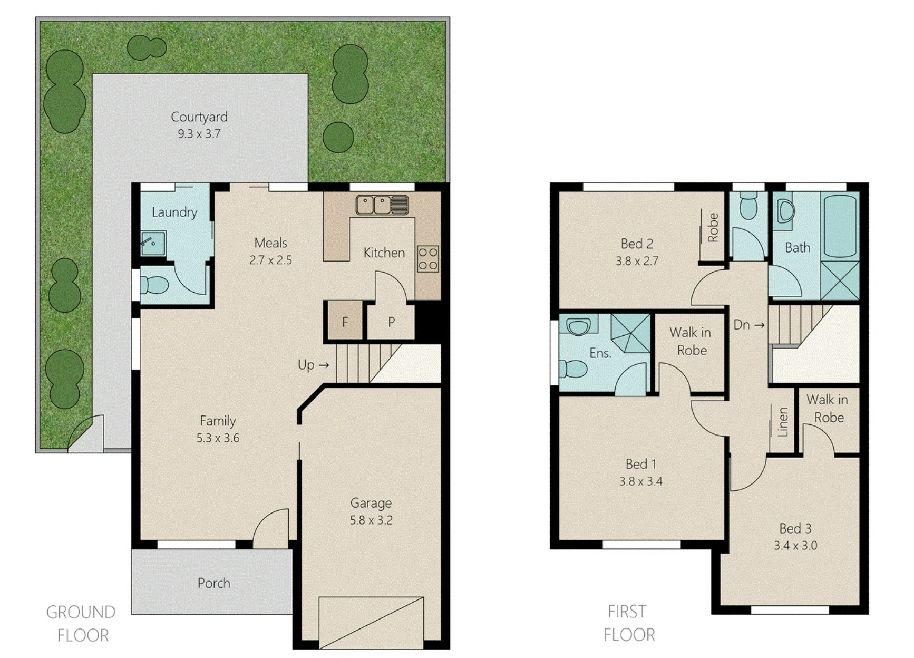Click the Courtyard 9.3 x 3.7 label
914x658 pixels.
[x=199, y=125]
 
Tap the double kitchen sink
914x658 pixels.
[x=382, y=205]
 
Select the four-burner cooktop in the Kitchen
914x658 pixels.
[x=427, y=258]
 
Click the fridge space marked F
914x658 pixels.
[x=345, y=321]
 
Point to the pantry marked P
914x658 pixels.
[x=391, y=321]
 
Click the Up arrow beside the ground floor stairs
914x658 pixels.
[x=314, y=365]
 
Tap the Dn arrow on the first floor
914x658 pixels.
[x=749, y=325]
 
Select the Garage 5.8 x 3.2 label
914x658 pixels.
[x=371, y=511]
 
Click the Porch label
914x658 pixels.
[x=213, y=583]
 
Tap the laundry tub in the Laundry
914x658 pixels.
[x=153, y=243]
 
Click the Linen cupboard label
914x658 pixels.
[x=783, y=422]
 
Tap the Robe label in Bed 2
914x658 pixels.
[x=713, y=227]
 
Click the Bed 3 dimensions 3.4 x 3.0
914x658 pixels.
[x=795, y=546]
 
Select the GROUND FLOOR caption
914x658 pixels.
[x=81, y=623]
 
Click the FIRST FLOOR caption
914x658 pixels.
[x=628, y=623]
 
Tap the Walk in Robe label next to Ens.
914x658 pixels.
[x=691, y=341]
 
